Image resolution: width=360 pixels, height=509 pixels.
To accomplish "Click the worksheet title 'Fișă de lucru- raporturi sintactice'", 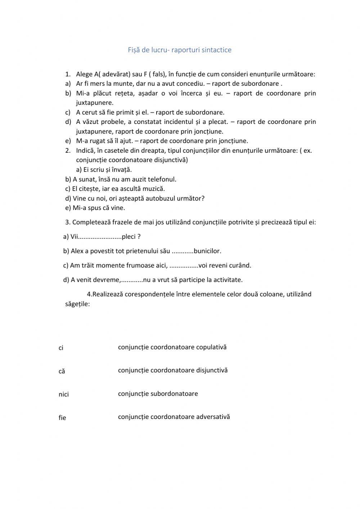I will point(180,50).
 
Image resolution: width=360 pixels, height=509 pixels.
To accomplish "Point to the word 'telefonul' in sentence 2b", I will point(162,179).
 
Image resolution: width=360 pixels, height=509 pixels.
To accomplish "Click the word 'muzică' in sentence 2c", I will point(154,189).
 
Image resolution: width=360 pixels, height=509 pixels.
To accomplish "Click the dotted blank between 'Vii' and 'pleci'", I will point(100,237).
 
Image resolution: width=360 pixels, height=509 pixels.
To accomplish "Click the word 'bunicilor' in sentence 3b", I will point(207,251).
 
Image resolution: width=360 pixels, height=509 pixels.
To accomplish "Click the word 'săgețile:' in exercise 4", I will point(77,304).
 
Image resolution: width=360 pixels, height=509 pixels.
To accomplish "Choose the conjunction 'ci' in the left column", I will point(61,348).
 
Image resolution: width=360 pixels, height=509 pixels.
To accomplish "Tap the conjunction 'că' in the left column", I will point(62,371).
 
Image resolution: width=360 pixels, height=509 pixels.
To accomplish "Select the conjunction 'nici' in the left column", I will point(63,394).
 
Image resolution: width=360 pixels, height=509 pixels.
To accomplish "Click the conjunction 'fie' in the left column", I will point(62,418).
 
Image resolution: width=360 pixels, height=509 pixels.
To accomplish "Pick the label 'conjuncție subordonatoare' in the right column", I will point(158,394).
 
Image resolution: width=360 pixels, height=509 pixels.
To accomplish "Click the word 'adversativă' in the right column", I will point(213,417).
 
